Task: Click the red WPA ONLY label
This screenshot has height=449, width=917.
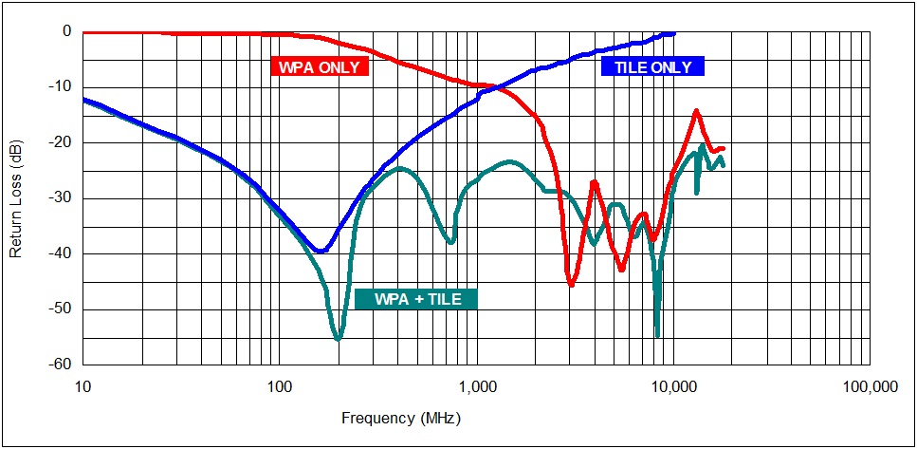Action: pyautogui.click(x=320, y=67)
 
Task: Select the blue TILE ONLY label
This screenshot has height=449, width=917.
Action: pyautogui.click(x=651, y=66)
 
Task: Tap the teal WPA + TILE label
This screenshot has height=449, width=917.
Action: pyautogui.click(x=417, y=300)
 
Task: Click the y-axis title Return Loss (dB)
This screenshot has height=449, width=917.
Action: pyautogui.click(x=16, y=197)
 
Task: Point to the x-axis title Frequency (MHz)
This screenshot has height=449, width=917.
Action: pyautogui.click(x=402, y=418)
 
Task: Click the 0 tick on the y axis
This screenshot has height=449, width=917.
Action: pyautogui.click(x=67, y=31)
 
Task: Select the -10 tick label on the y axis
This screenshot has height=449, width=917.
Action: pyautogui.click(x=62, y=87)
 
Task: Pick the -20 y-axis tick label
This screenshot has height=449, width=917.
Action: pyautogui.click(x=62, y=142)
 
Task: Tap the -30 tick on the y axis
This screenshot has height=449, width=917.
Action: pyautogui.click(x=62, y=198)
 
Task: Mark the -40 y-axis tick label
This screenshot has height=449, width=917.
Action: pyautogui.click(x=62, y=253)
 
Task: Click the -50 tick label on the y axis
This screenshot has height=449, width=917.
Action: pyautogui.click(x=62, y=309)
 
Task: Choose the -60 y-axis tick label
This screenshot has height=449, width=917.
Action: pyautogui.click(x=62, y=365)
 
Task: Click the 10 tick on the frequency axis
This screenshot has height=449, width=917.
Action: pyautogui.click(x=83, y=387)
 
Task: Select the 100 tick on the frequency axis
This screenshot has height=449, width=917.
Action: pyautogui.click(x=279, y=387)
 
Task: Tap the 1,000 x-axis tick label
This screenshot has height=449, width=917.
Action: pyautogui.click(x=476, y=387)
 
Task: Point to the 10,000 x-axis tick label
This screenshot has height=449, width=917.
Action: pyautogui.click(x=673, y=387)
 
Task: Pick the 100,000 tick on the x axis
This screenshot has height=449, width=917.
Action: pyautogui.click(x=869, y=387)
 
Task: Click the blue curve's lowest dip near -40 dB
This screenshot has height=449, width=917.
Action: pyautogui.click(x=321, y=252)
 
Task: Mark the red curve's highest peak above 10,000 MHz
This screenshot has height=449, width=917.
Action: pyautogui.click(x=697, y=110)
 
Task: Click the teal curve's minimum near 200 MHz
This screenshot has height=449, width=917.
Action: pyautogui.click(x=338, y=339)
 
